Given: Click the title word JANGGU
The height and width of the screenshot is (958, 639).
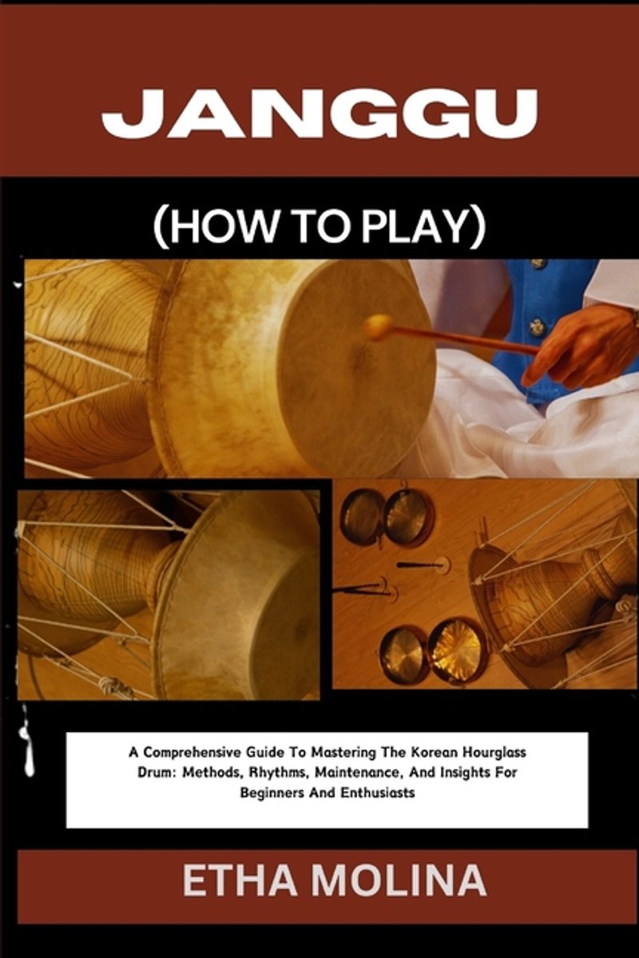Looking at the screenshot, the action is click(319, 113).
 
